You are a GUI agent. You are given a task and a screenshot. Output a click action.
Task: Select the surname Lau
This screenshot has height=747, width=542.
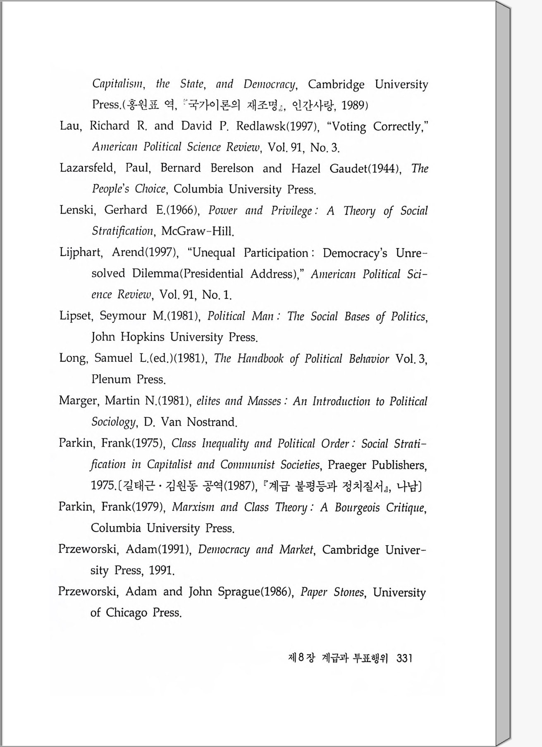coord(70,126)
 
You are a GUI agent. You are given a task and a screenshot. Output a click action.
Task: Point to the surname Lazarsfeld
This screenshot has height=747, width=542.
coord(86,168)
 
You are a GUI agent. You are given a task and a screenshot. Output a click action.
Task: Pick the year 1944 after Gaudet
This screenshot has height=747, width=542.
coord(385,168)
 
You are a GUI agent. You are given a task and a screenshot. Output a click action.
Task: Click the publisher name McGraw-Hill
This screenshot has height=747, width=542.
coord(197,231)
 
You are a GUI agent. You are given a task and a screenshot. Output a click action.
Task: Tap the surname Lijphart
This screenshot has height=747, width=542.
coord(81,253)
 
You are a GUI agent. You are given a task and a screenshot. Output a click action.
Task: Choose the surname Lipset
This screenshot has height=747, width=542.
coord(76,316)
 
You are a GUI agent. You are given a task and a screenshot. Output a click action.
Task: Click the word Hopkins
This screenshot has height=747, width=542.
coord(142,337)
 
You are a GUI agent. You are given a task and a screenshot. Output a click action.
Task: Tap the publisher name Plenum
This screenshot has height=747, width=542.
coord(111,379)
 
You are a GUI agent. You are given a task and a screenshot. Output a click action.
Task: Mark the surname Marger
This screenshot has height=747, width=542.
coord(79,400)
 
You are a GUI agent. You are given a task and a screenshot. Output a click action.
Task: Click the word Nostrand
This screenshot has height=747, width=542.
coord(211,422)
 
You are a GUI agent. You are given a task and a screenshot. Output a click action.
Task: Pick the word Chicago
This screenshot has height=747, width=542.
coord(126,612)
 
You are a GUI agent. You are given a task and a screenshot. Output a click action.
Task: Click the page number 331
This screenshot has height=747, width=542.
coord(404,658)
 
